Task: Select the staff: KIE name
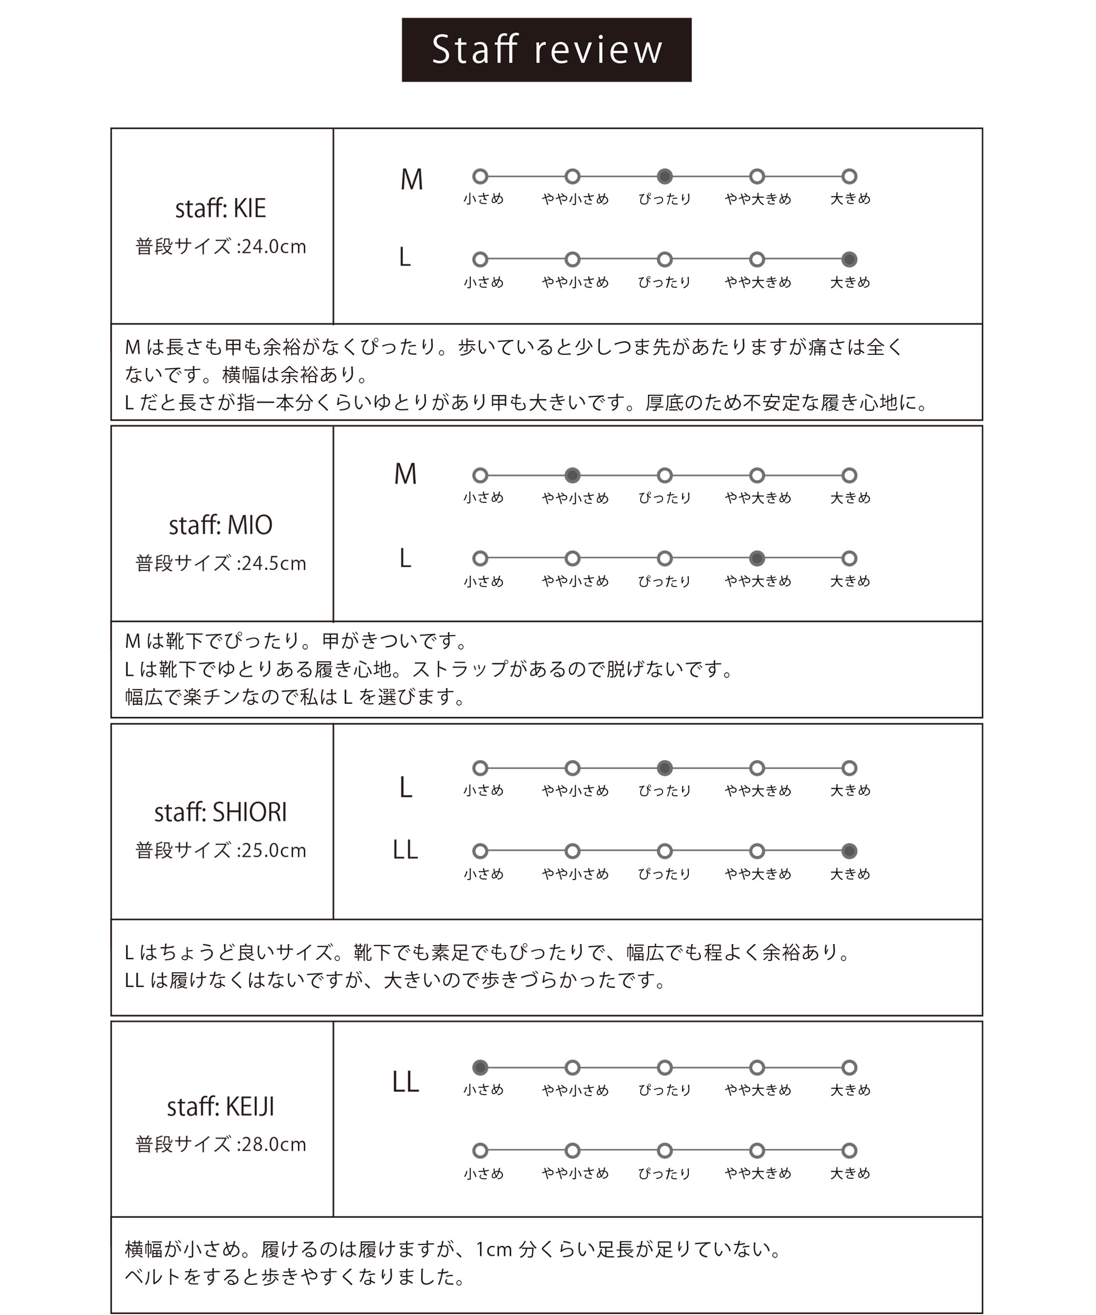pos(220,209)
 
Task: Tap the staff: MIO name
pos(220,525)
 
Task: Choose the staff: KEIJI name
pos(220,1106)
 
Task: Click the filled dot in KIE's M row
pos(665,176)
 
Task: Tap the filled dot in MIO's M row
pos(572,475)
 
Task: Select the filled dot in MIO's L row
pos(757,558)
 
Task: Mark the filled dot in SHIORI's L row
pos(665,768)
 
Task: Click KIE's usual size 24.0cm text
pos(220,247)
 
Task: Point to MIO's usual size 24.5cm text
pos(220,563)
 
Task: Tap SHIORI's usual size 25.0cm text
pos(220,851)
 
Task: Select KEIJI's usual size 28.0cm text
pos(220,1145)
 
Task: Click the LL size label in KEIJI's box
pos(405,1082)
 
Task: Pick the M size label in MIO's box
pos(405,474)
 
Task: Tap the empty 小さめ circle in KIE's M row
pos(480,176)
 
